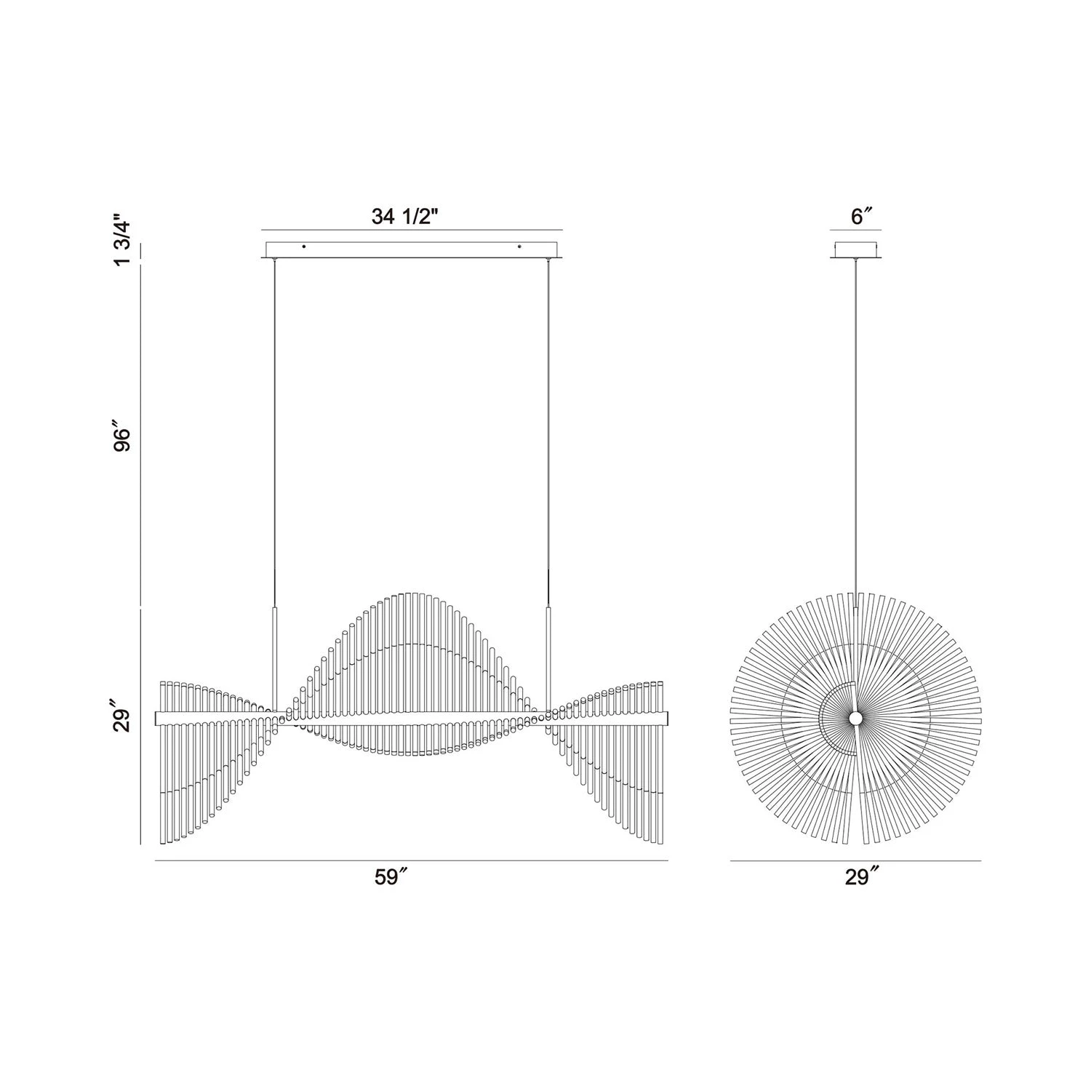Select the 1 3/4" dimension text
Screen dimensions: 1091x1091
tap(122, 241)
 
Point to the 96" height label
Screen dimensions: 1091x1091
tap(122, 435)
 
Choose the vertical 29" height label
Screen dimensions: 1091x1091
tap(122, 716)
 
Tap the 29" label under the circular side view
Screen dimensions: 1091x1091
tap(861, 877)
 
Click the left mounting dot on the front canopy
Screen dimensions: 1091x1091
tap(304, 247)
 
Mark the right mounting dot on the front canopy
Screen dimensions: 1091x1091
tap(519, 247)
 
